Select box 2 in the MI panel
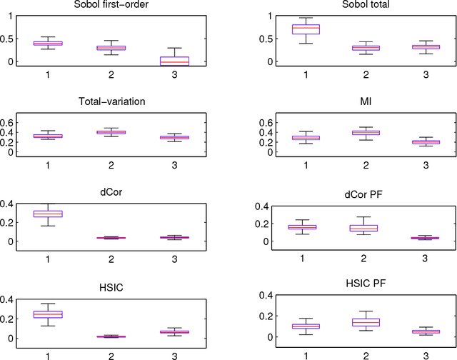(346, 133)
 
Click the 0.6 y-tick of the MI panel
(241, 123)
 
